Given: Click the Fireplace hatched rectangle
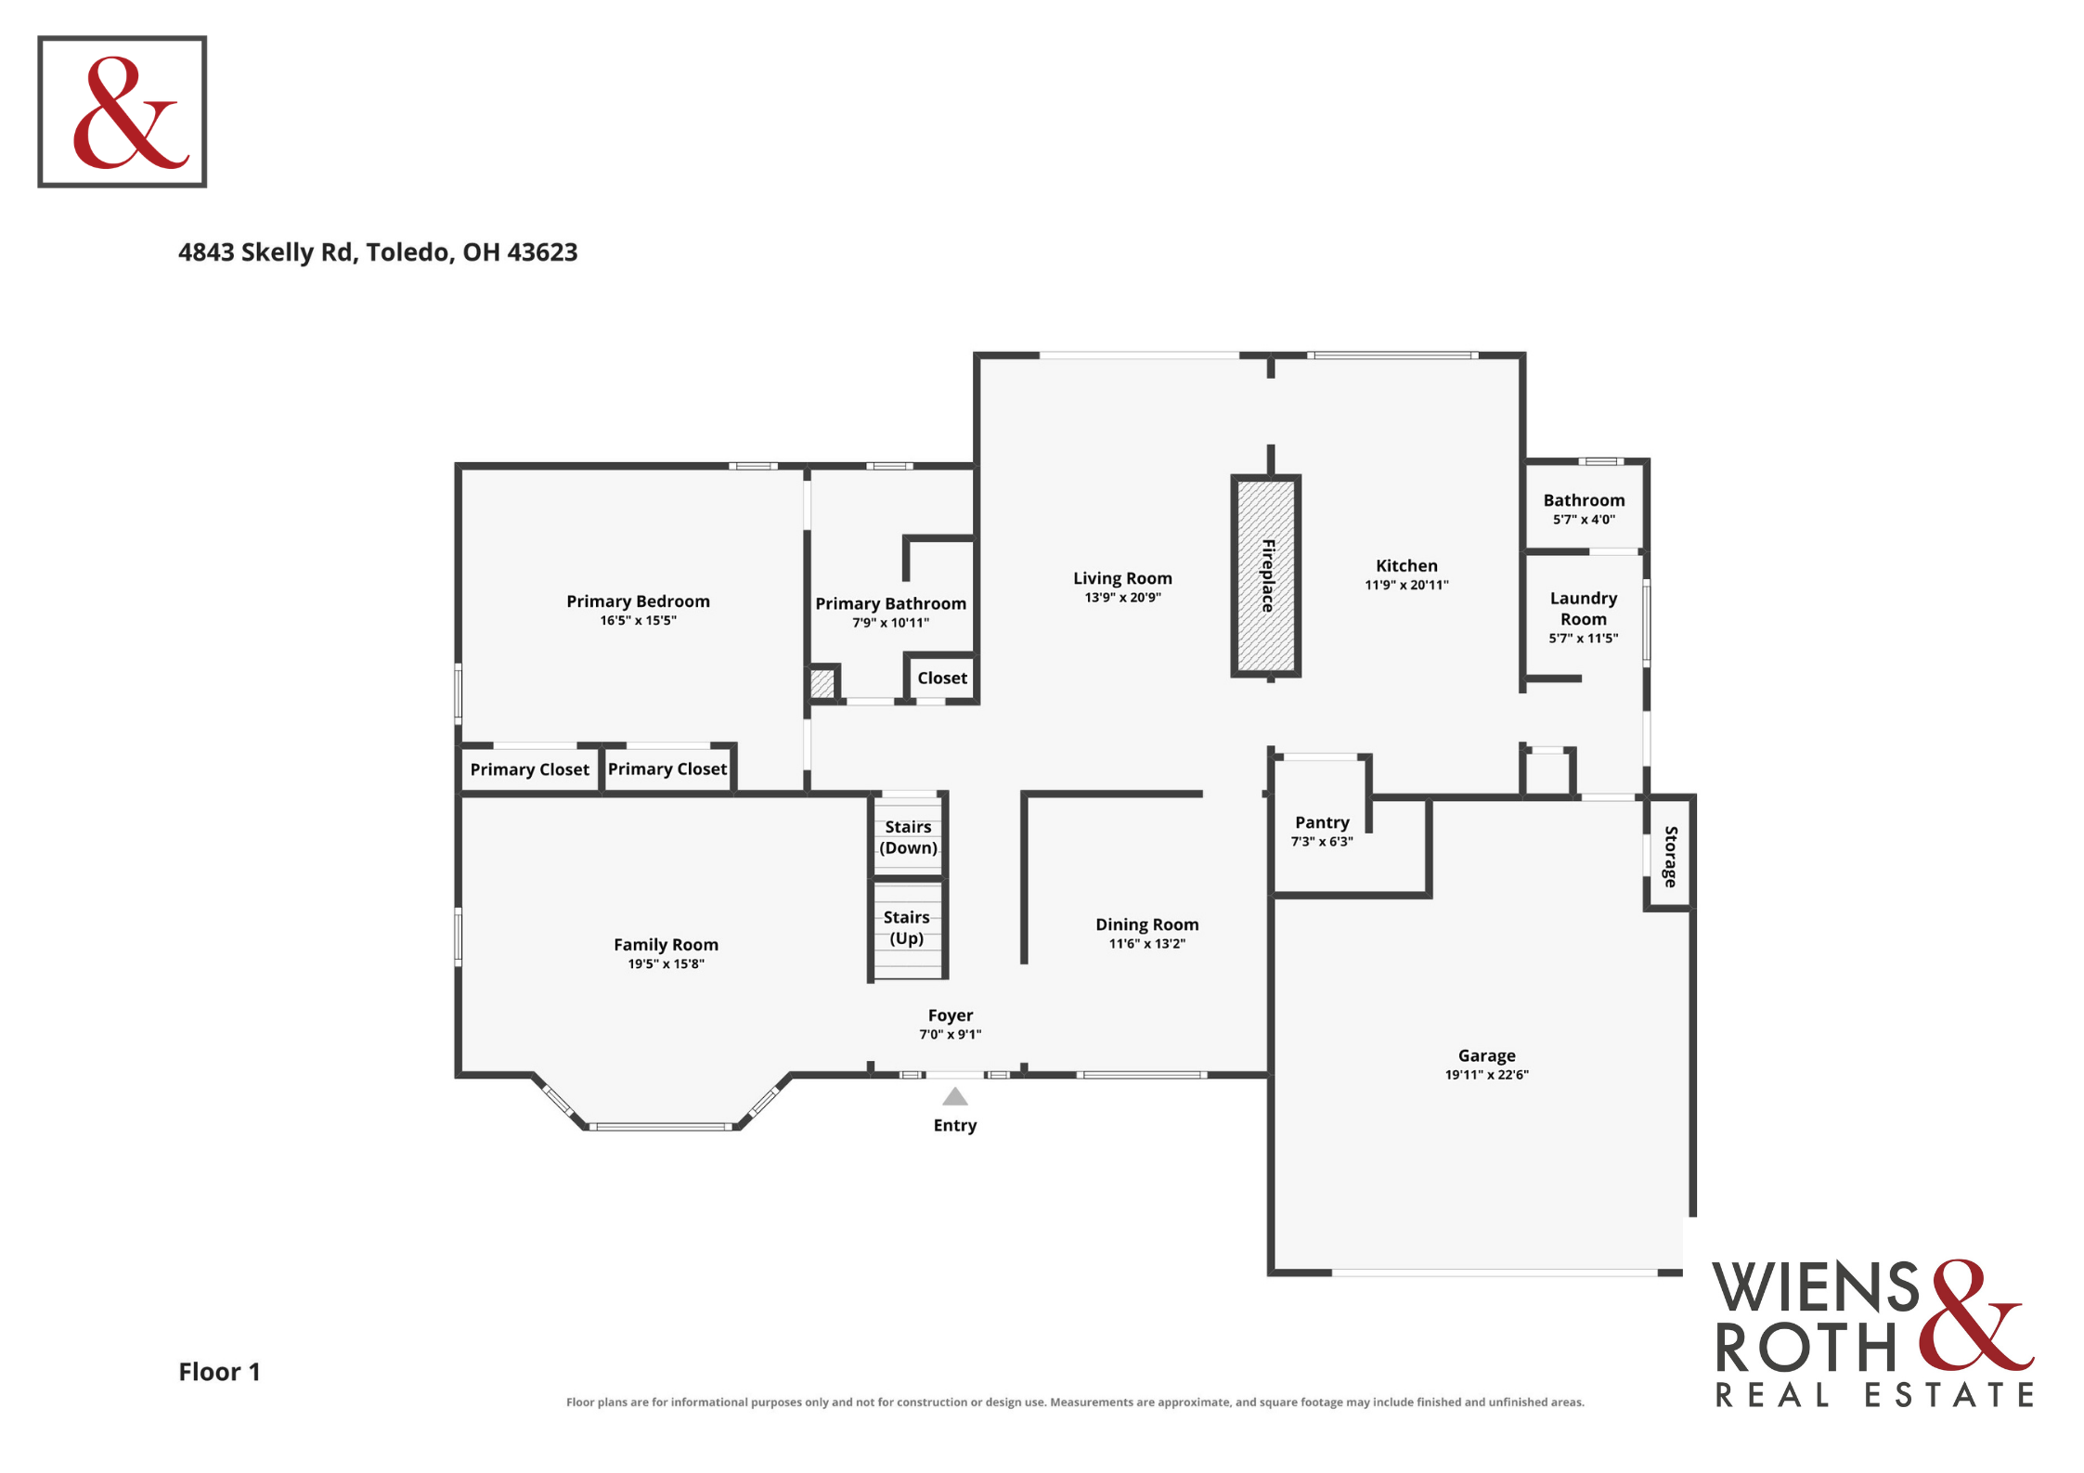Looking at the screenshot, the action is coord(1265,576).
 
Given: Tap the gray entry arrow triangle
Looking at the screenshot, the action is coord(955,1097).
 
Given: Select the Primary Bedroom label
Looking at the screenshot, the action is coord(638,601).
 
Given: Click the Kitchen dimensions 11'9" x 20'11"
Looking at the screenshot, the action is coord(1406,585).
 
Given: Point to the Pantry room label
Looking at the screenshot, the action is coord(1322,822).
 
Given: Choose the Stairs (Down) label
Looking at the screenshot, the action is coord(908,837).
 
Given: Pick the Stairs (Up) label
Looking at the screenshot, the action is coord(907,927).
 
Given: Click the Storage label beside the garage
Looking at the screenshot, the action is coord(1670,857).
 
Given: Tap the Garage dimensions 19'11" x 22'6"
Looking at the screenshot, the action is coord(1486,1075).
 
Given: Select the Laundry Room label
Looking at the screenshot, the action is coord(1583,608).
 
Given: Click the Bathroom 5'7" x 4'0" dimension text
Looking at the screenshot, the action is coord(1584,520).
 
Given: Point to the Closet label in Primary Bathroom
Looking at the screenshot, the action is coord(942,678).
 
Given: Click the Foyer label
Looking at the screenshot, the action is coord(951,1015).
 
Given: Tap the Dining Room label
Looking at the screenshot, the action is coord(1147,924).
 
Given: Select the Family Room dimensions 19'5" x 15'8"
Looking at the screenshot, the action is coord(666,964).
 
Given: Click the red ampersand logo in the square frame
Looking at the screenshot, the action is coord(130,112).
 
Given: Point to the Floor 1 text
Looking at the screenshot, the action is coord(219,1372).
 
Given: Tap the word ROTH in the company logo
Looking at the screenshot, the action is coord(1806,1347).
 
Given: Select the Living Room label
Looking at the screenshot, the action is coord(1122,578).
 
